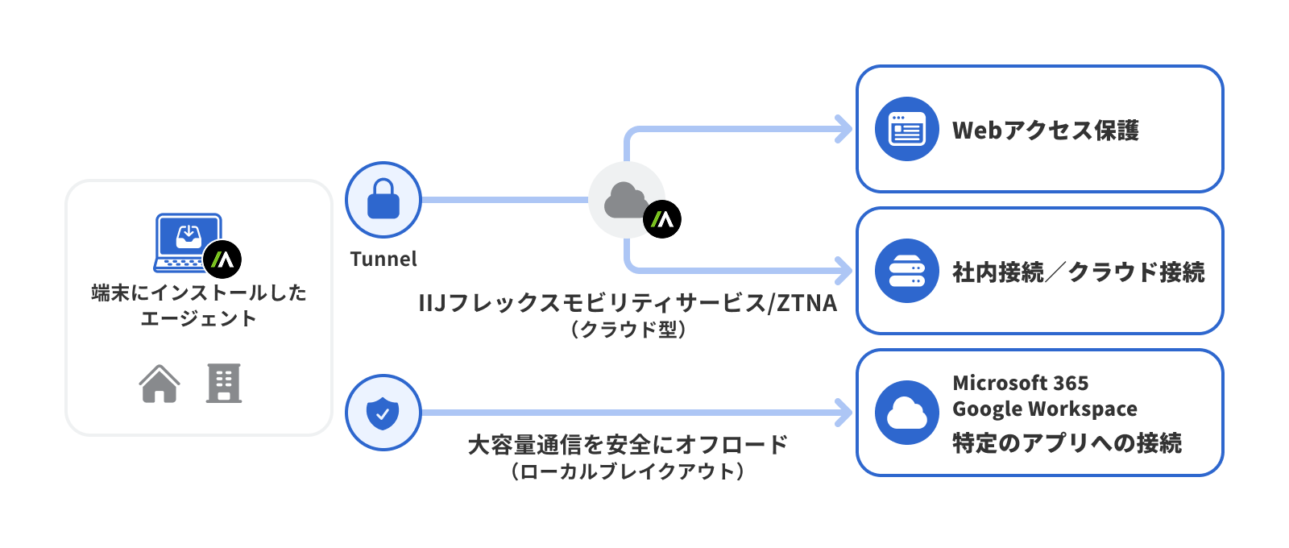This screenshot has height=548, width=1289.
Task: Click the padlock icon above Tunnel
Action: (x=383, y=199)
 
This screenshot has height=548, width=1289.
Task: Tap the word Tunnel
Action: (x=383, y=259)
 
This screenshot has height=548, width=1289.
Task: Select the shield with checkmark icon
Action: (x=383, y=413)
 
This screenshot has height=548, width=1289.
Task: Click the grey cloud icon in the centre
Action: (x=625, y=199)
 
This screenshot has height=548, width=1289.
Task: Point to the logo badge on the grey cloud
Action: (x=662, y=219)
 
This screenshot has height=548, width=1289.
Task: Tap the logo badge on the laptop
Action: (x=222, y=259)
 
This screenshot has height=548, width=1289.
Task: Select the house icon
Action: (x=160, y=384)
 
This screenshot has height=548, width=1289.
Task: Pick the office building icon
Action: (x=224, y=384)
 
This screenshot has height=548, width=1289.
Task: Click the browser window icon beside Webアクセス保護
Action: (x=907, y=129)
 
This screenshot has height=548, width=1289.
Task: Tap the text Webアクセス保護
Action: (x=1046, y=130)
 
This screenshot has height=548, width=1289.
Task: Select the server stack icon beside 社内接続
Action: (x=907, y=271)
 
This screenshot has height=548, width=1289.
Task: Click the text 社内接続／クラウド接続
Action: (x=1079, y=272)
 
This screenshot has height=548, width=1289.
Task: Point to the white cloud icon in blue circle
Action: (x=907, y=413)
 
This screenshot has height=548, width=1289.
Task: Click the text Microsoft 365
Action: (x=1020, y=383)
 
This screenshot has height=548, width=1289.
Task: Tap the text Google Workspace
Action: (x=1045, y=409)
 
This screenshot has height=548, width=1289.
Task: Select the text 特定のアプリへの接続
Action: (x=1067, y=442)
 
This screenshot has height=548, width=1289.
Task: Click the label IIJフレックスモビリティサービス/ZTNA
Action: (x=628, y=303)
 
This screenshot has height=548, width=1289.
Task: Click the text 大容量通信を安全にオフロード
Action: (x=628, y=444)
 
